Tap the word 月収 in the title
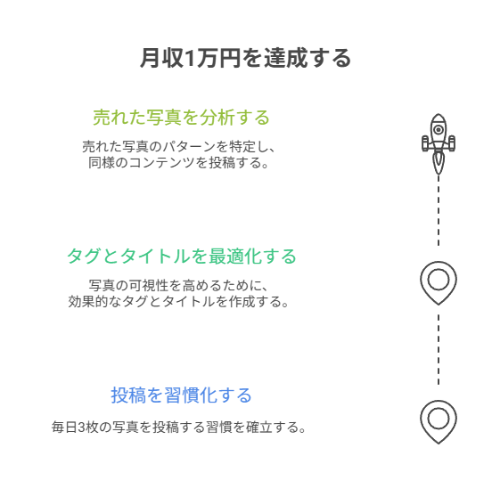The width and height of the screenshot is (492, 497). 162,58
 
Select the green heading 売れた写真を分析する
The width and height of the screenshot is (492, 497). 181,118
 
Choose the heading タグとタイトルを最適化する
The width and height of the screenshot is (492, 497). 182,257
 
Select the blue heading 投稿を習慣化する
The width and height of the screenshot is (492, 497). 181,395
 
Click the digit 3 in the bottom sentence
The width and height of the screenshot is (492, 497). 81,428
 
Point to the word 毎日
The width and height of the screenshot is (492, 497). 65,428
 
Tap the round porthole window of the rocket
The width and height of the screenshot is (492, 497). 439,130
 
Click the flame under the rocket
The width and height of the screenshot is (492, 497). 439,161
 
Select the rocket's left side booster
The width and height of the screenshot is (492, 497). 425,143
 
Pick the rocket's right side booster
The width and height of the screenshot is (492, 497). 451,143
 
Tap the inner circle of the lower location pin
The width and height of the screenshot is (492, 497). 439,409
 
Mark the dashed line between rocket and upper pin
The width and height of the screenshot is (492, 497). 439,210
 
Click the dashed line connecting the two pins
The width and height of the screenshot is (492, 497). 439,349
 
